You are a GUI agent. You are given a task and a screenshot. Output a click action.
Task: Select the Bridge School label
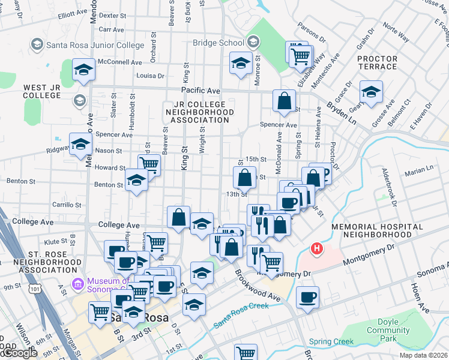(x=218, y=43)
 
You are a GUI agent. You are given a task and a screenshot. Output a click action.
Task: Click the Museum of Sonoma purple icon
(x=77, y=282)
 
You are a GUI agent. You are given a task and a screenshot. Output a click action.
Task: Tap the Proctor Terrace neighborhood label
(x=377, y=64)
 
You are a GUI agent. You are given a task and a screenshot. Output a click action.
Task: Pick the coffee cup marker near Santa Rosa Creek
(x=307, y=298)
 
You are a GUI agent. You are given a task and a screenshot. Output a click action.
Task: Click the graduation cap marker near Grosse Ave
(x=372, y=92)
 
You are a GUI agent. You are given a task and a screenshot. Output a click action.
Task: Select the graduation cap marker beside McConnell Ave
(x=84, y=69)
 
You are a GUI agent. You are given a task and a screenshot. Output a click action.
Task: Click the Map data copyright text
(x=423, y=355)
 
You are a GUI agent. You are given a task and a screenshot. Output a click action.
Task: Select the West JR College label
(x=43, y=92)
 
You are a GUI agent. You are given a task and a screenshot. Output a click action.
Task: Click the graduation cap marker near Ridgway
(x=80, y=144)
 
